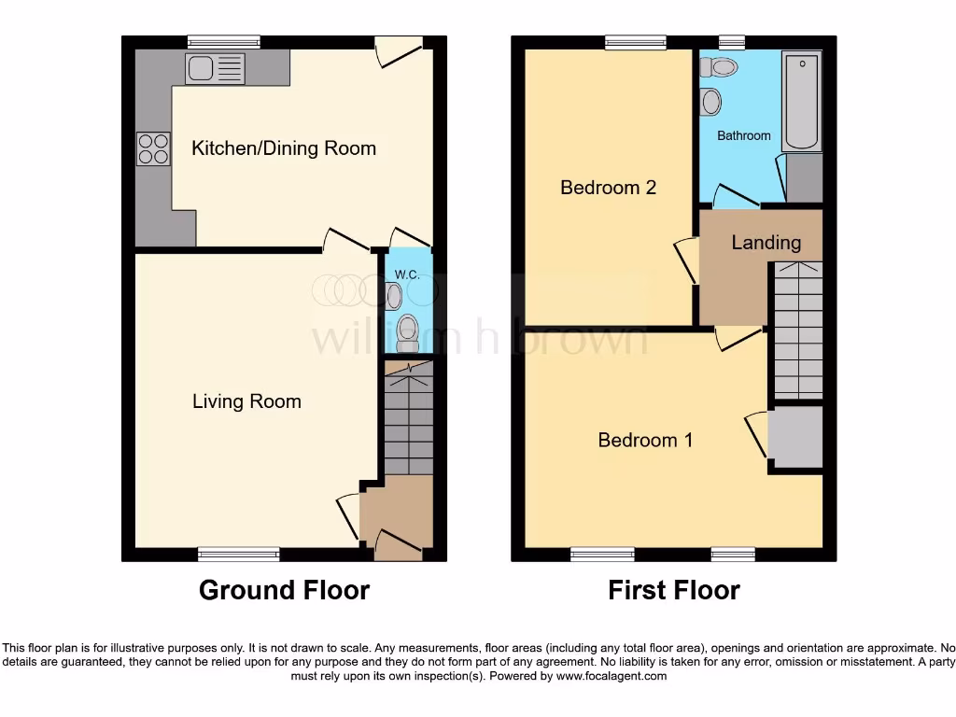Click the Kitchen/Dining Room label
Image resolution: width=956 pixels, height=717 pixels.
(284, 148)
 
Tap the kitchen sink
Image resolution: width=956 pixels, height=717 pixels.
(215, 67)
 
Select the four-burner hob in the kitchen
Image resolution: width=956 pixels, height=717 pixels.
(154, 149)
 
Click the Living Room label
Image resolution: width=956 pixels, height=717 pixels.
(246, 401)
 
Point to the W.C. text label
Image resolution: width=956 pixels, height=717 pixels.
(406, 274)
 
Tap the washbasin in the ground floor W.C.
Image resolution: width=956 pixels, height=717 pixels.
(393, 296)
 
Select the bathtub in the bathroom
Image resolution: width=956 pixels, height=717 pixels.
(801, 102)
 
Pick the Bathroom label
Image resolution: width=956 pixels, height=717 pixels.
(744, 135)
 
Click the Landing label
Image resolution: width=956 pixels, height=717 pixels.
(766, 243)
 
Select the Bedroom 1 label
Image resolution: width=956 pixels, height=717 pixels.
(645, 440)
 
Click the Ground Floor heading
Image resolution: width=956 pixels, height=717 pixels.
(284, 590)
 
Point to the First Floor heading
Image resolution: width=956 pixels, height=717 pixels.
(673, 590)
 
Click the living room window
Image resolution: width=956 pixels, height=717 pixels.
(239, 555)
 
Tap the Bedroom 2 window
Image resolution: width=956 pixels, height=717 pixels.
(636, 42)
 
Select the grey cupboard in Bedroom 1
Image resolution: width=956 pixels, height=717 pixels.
(794, 437)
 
